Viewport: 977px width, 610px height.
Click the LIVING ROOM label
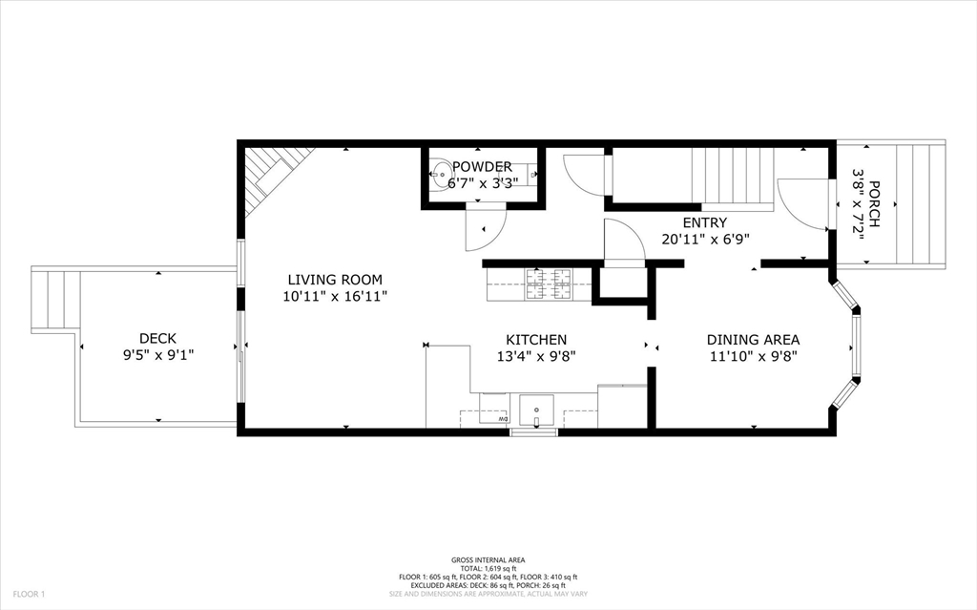point(335,280)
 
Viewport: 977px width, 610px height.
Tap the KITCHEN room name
point(536,340)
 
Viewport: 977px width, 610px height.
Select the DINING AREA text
point(753,340)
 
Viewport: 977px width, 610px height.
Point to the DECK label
point(157,338)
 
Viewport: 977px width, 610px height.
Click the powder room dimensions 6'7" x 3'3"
point(484,183)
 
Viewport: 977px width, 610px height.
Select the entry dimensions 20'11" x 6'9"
point(705,239)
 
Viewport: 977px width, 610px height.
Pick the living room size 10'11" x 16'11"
point(335,297)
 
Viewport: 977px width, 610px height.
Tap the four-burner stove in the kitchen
point(549,284)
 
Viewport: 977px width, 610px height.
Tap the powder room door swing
point(485,230)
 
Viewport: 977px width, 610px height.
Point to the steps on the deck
point(52,300)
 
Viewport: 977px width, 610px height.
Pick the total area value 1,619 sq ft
point(488,568)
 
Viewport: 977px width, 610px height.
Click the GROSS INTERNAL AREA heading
point(488,559)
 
